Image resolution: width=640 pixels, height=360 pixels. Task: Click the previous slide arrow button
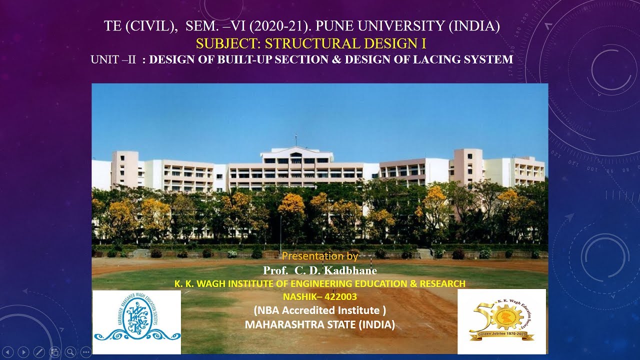click(x=8, y=351)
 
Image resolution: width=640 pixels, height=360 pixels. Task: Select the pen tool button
click(x=38, y=351)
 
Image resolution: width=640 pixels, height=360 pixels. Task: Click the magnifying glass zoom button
click(x=70, y=351)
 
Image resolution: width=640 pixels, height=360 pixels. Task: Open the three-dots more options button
click(x=85, y=351)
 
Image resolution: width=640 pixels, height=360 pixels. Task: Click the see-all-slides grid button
click(x=54, y=351)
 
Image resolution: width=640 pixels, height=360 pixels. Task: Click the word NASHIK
click(x=301, y=296)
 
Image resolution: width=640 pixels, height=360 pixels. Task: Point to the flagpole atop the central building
click(x=295, y=139)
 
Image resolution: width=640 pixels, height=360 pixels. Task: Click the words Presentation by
click(x=320, y=256)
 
